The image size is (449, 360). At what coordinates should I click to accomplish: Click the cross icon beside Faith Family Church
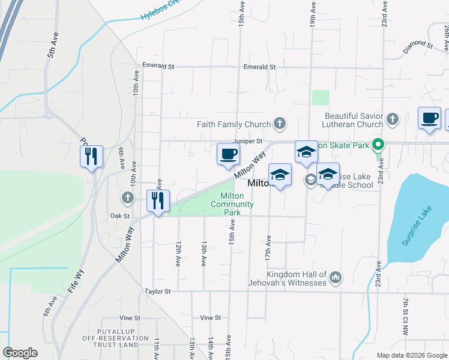pos(279,124)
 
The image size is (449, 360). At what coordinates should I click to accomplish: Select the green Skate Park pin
pos(378,145)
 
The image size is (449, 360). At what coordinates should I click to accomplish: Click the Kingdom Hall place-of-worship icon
pos(336,278)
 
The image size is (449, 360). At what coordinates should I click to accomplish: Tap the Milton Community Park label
pos(231,204)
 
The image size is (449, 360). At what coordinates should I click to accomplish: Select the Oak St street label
pos(120,215)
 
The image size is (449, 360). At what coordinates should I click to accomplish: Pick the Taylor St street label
pos(158,291)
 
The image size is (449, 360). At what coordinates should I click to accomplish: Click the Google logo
pos(20,353)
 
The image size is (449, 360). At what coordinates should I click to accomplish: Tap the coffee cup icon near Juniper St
pos(228,154)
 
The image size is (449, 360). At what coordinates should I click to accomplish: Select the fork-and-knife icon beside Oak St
pos(158,200)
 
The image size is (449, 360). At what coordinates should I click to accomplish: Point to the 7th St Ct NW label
pos(406,316)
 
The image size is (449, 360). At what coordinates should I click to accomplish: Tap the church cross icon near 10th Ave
pos(127,197)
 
